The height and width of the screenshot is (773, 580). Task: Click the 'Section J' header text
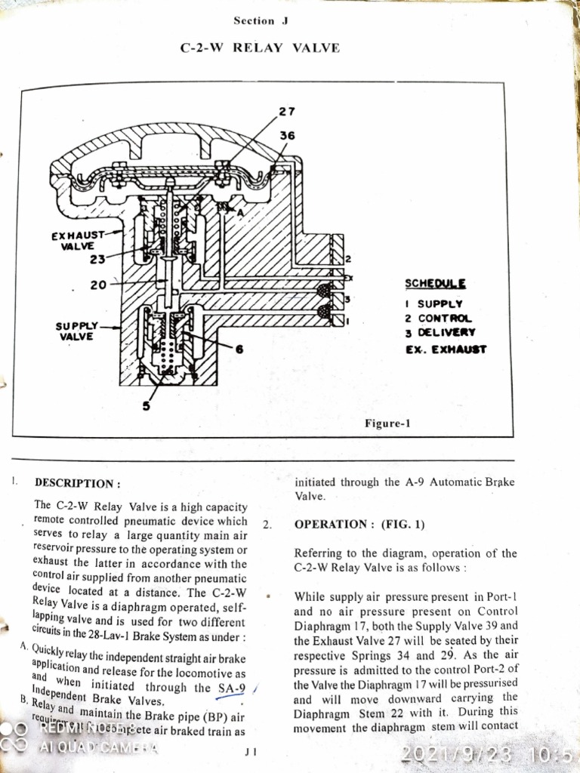tap(261, 20)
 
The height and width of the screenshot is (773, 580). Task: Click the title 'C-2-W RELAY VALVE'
tap(260, 48)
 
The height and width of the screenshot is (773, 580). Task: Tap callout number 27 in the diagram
tap(287, 112)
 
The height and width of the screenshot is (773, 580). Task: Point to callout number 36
tap(287, 136)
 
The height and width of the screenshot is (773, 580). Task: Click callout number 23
tap(98, 259)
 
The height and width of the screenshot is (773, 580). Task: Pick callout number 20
tap(98, 285)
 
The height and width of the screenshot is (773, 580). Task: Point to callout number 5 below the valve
tap(147, 406)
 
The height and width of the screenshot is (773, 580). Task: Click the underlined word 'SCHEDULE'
tap(435, 284)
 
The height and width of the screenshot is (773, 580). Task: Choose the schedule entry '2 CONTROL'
tap(438, 319)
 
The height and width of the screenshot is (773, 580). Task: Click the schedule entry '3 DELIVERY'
tap(440, 333)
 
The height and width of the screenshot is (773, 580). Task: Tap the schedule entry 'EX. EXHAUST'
tap(446, 350)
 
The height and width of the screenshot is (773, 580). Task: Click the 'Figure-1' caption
tap(387, 423)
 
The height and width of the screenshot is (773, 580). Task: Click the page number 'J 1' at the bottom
tap(251, 751)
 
